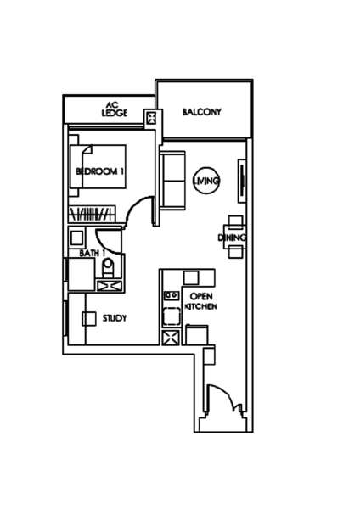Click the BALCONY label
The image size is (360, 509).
[202, 112]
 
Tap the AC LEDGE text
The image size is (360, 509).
[115, 109]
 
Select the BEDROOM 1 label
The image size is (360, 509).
[99, 171]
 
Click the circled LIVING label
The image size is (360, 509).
[206, 181]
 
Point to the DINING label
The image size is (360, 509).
[232, 238]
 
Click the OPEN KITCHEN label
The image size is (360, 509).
[200, 301]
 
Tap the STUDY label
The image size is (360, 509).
[115, 318]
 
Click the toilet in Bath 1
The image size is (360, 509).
[108, 268]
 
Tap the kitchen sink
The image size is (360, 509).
[172, 295]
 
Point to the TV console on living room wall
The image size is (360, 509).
[242, 181]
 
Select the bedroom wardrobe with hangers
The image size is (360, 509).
[92, 215]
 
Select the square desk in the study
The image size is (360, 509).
[88, 319]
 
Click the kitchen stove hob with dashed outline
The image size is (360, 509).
[172, 316]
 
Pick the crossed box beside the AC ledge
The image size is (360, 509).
[151, 117]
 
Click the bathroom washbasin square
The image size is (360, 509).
[76, 238]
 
